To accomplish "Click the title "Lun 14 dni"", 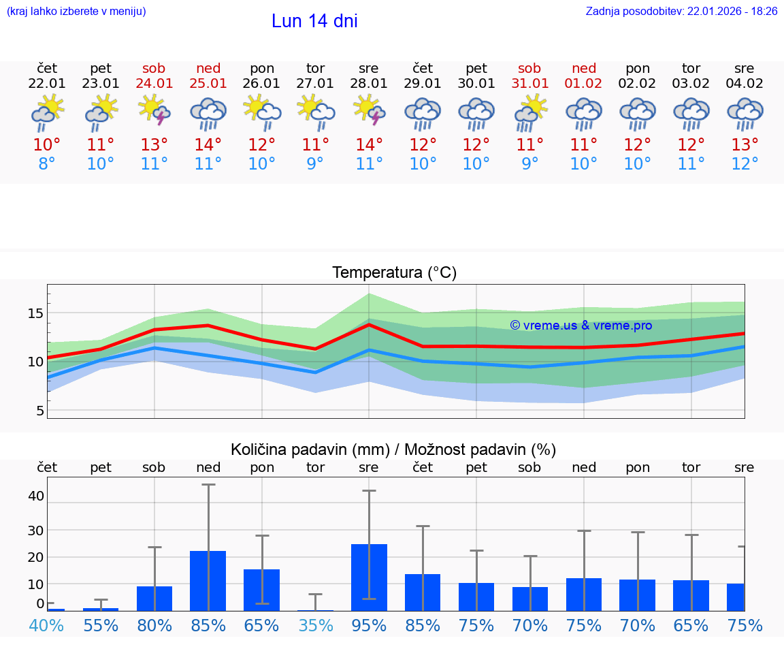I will pos(314,21).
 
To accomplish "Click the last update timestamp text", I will pos(681,12).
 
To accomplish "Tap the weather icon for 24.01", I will pos(154,112).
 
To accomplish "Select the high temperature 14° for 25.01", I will pos(208,145).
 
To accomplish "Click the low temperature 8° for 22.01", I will pos(47,164).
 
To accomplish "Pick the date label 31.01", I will pos(529,83).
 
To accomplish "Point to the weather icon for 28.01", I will pos(369,112).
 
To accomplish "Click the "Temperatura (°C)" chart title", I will pos(394,273).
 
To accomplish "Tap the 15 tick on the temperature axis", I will pos(35,313).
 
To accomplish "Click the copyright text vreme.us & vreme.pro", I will pos(581,326).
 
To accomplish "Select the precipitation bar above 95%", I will pos(369,577).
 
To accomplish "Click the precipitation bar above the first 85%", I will pos(208,580).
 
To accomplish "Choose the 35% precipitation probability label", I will pos(315,625).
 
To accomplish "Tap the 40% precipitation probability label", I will pos(47,625).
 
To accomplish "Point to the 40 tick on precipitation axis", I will pos(35,496).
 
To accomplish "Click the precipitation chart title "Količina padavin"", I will pos(393,449).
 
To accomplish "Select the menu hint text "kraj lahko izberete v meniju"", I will pos(76,12).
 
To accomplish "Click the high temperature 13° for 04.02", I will pos(745,145).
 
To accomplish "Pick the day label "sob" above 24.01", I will pos(154,68).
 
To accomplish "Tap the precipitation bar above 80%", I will pos(154,598).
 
